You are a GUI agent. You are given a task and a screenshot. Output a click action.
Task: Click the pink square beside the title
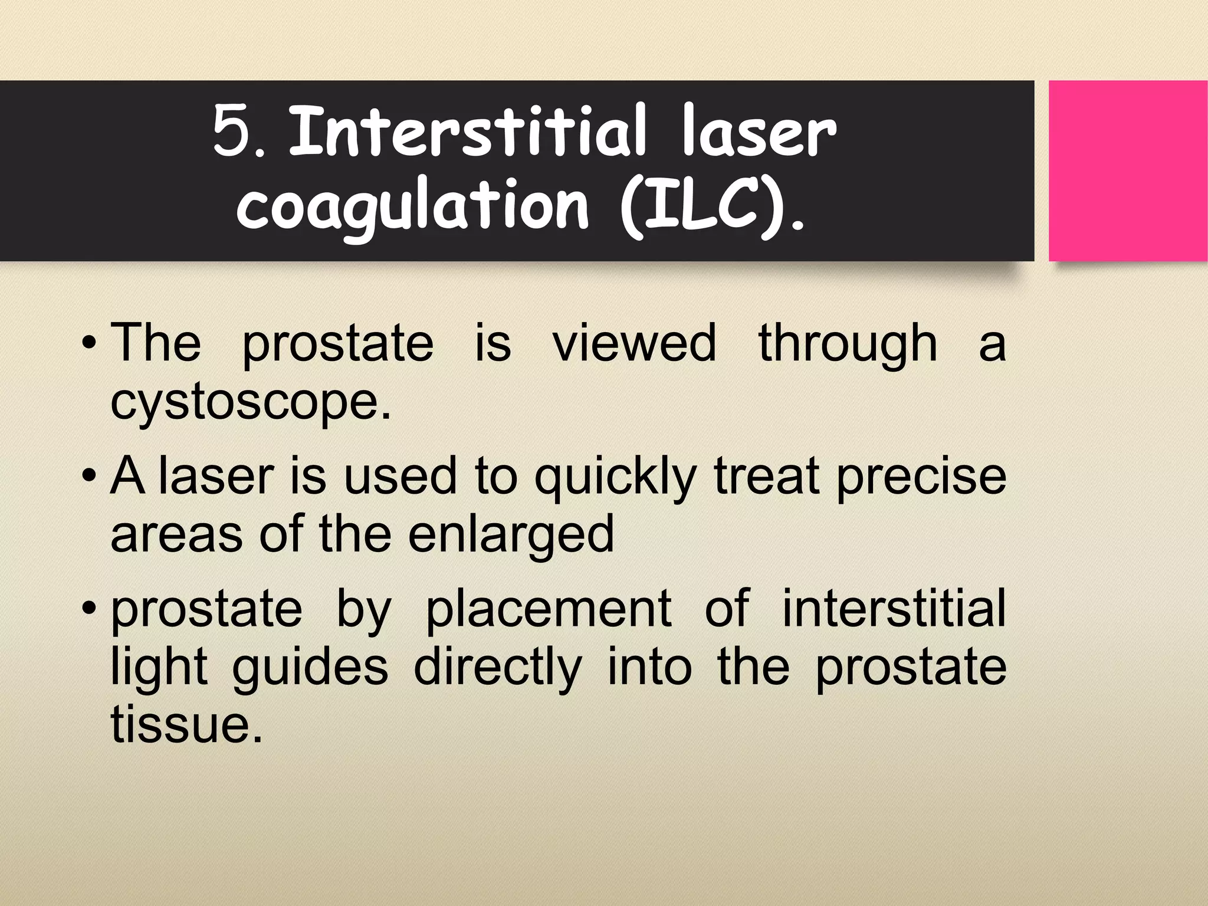pyautogui.click(x=1127, y=171)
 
